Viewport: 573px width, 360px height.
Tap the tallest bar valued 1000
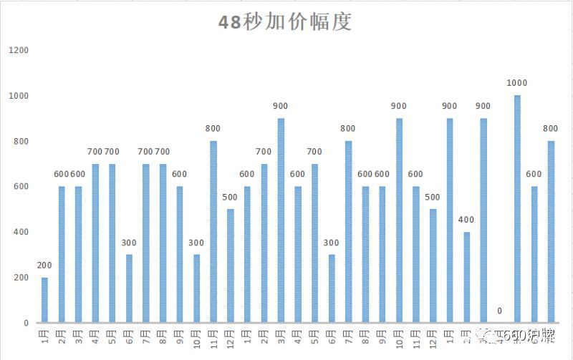(517, 208)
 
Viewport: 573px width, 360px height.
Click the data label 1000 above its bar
(517, 83)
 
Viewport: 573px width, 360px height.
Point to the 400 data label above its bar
(466, 220)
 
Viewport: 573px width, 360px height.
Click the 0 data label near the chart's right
(500, 311)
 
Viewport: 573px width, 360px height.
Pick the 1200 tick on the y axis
(19, 50)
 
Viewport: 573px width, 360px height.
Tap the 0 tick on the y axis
(26, 323)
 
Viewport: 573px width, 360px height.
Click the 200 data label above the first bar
(44, 266)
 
